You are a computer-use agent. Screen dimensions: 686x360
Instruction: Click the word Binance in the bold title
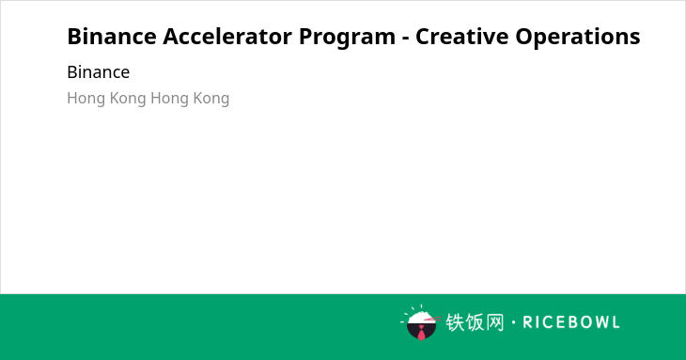[x=112, y=37]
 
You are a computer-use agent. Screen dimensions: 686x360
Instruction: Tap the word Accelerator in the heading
[x=228, y=37]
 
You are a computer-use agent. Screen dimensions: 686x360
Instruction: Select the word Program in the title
[x=347, y=38]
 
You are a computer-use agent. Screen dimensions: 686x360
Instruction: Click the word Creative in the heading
[x=461, y=37]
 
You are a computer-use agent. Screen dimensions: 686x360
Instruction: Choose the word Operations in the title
[x=578, y=38]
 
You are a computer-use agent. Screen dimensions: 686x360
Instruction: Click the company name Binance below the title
[x=99, y=72]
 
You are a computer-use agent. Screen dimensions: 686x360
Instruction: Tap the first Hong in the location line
[x=86, y=99]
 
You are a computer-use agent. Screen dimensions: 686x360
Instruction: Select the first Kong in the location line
[x=128, y=99]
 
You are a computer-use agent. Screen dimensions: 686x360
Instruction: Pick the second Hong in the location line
[x=170, y=99]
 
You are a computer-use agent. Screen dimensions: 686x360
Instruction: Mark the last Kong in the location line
[x=211, y=99]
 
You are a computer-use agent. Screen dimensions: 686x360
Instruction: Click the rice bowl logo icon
[x=420, y=322]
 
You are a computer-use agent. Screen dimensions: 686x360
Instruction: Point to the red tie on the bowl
[x=421, y=333]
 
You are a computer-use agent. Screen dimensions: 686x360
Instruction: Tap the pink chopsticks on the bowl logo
[x=432, y=319]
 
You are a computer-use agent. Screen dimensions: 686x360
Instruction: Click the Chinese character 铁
[x=455, y=322]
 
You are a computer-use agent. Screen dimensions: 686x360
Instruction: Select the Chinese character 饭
[x=476, y=322]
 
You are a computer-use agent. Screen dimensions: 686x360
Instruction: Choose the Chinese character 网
[x=495, y=322]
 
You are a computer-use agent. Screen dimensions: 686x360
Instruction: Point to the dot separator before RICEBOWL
[x=513, y=322]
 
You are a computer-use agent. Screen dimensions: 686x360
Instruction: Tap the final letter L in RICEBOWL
[x=616, y=322]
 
